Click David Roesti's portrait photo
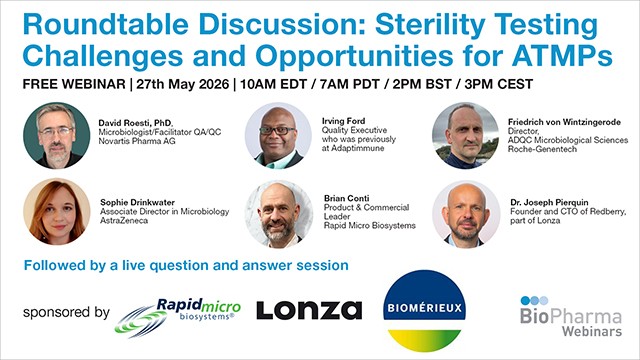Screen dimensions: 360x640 (55, 133)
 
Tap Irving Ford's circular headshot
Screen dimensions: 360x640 (277, 135)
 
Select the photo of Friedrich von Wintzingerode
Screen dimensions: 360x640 (466, 135)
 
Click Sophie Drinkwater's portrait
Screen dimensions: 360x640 (55, 212)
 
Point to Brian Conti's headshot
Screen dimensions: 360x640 (278, 213)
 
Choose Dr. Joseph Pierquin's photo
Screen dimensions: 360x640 (466, 213)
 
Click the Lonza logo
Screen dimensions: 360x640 (308, 309)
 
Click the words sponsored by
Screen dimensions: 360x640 (65, 313)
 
